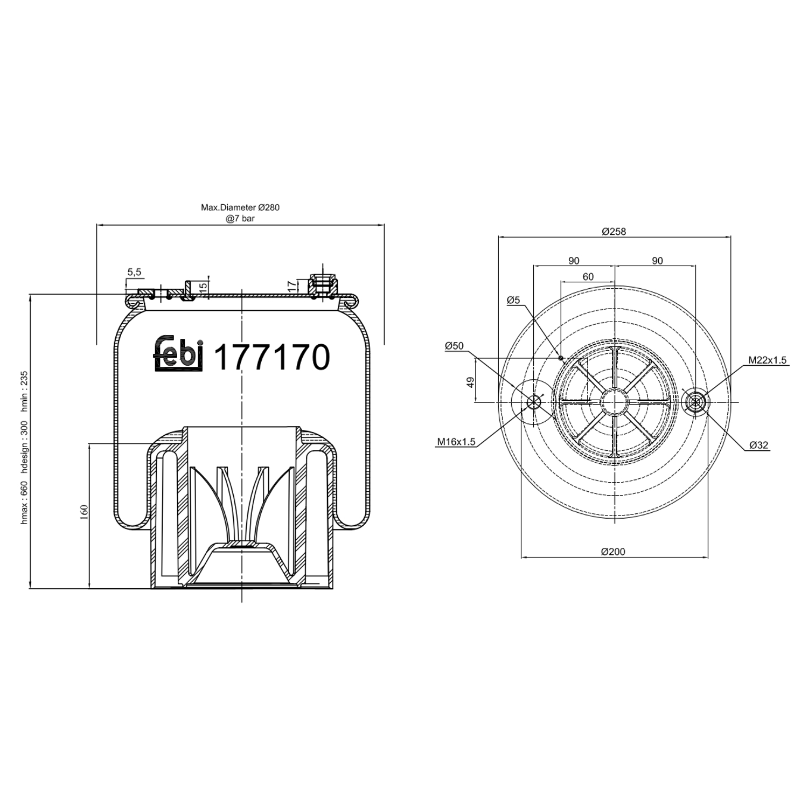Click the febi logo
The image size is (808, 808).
(178, 354)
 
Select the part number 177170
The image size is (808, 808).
(271, 357)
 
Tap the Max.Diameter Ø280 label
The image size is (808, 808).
(240, 207)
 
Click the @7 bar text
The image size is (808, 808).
(240, 219)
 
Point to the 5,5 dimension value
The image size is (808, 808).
(134, 273)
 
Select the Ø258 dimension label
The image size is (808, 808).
(614, 232)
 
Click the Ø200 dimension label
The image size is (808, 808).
(613, 552)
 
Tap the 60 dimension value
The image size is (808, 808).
(588, 277)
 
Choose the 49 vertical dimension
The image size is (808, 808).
(470, 382)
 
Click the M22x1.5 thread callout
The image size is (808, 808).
(767, 360)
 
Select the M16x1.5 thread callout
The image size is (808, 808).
(456, 442)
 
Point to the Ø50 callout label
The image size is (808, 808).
(454, 346)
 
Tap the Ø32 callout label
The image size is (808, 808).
(758, 445)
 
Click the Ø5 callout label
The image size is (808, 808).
(513, 300)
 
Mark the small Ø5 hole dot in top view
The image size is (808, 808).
(561, 358)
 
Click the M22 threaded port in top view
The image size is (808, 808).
(695, 402)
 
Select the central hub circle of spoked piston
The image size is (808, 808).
(614, 402)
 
